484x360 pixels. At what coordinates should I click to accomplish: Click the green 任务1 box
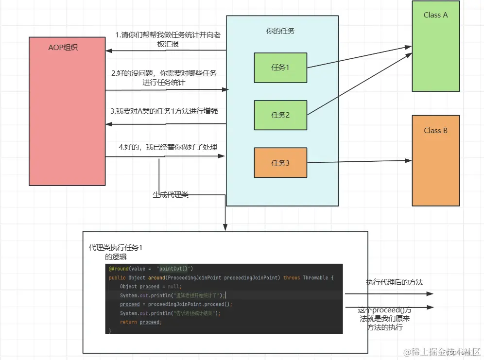pyautogui.click(x=280, y=68)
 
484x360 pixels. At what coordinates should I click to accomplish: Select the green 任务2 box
pyautogui.click(x=280, y=115)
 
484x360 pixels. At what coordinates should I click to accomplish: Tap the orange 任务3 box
pyautogui.click(x=280, y=163)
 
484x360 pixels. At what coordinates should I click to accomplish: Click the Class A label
pyautogui.click(x=435, y=15)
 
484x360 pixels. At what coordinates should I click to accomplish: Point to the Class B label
pyautogui.click(x=435, y=131)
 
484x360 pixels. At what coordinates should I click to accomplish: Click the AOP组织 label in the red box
pyautogui.click(x=63, y=48)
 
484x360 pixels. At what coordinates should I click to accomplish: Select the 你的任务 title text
pyautogui.click(x=280, y=31)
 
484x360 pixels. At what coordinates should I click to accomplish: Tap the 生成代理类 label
pyautogui.click(x=171, y=195)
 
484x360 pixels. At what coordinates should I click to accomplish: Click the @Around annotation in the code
pyautogui.click(x=119, y=269)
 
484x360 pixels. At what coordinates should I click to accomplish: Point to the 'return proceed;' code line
pyautogui.click(x=141, y=322)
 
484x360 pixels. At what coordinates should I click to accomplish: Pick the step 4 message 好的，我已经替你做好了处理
pyautogui.click(x=168, y=147)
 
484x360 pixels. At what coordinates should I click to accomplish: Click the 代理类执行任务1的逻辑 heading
pyautogui.click(x=116, y=252)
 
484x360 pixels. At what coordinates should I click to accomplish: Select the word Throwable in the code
pyautogui.click(x=315, y=278)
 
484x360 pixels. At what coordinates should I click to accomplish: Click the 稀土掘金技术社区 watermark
pyautogui.click(x=440, y=351)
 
